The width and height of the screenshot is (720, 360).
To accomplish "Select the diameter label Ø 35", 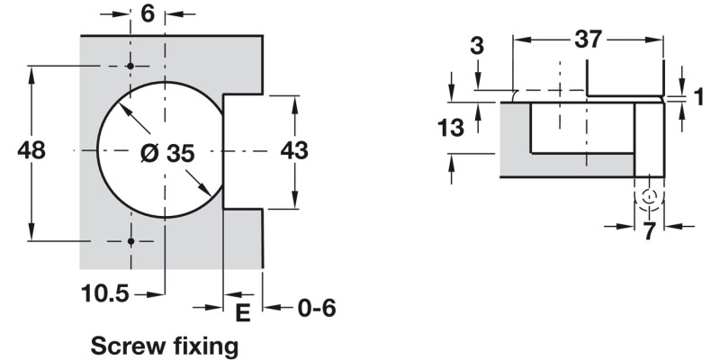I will (x=166, y=154).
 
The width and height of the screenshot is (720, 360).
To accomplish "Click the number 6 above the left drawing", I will (x=148, y=14).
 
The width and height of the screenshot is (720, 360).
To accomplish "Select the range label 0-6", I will (x=316, y=309).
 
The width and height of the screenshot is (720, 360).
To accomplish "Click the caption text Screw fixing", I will (x=165, y=345).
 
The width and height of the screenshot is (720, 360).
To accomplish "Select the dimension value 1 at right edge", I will (x=698, y=97).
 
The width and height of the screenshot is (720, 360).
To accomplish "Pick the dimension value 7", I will (x=649, y=231).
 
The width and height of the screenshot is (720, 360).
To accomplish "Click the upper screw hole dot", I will (x=130, y=67).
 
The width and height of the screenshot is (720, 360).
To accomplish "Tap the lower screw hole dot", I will (x=130, y=241).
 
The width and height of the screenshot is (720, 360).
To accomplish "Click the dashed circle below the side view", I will (x=649, y=197).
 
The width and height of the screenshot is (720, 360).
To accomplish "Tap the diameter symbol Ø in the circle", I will (x=148, y=154).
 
